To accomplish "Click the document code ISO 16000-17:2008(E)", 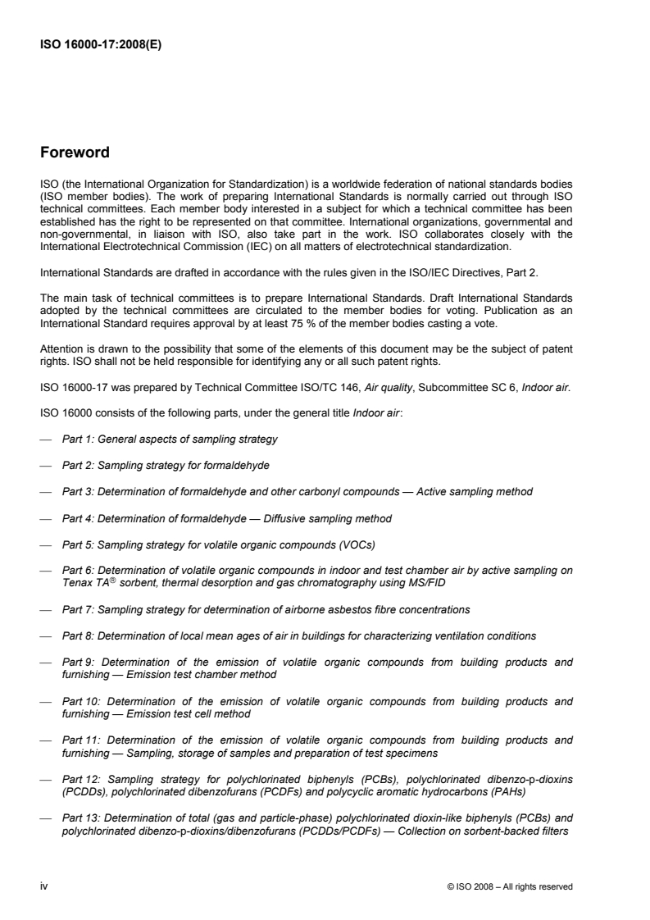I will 101,46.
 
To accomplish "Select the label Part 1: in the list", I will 78,439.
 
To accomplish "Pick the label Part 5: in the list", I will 78,544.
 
